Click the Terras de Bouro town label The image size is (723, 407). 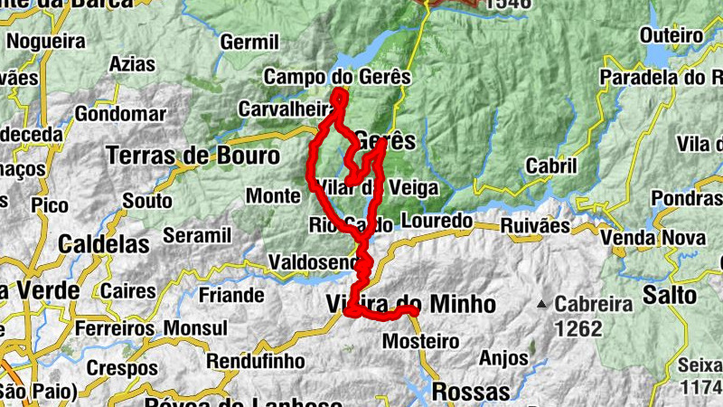click(192, 156)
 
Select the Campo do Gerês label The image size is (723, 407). click(337, 77)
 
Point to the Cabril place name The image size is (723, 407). click(550, 167)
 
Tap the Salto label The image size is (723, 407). click(670, 295)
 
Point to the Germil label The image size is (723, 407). click(249, 43)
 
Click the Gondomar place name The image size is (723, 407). click(120, 114)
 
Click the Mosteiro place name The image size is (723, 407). click(421, 342)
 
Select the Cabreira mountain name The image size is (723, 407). click(593, 305)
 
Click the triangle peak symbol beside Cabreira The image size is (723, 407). click(542, 304)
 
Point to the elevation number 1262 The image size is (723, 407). click(578, 329)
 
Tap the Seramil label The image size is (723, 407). click(197, 236)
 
